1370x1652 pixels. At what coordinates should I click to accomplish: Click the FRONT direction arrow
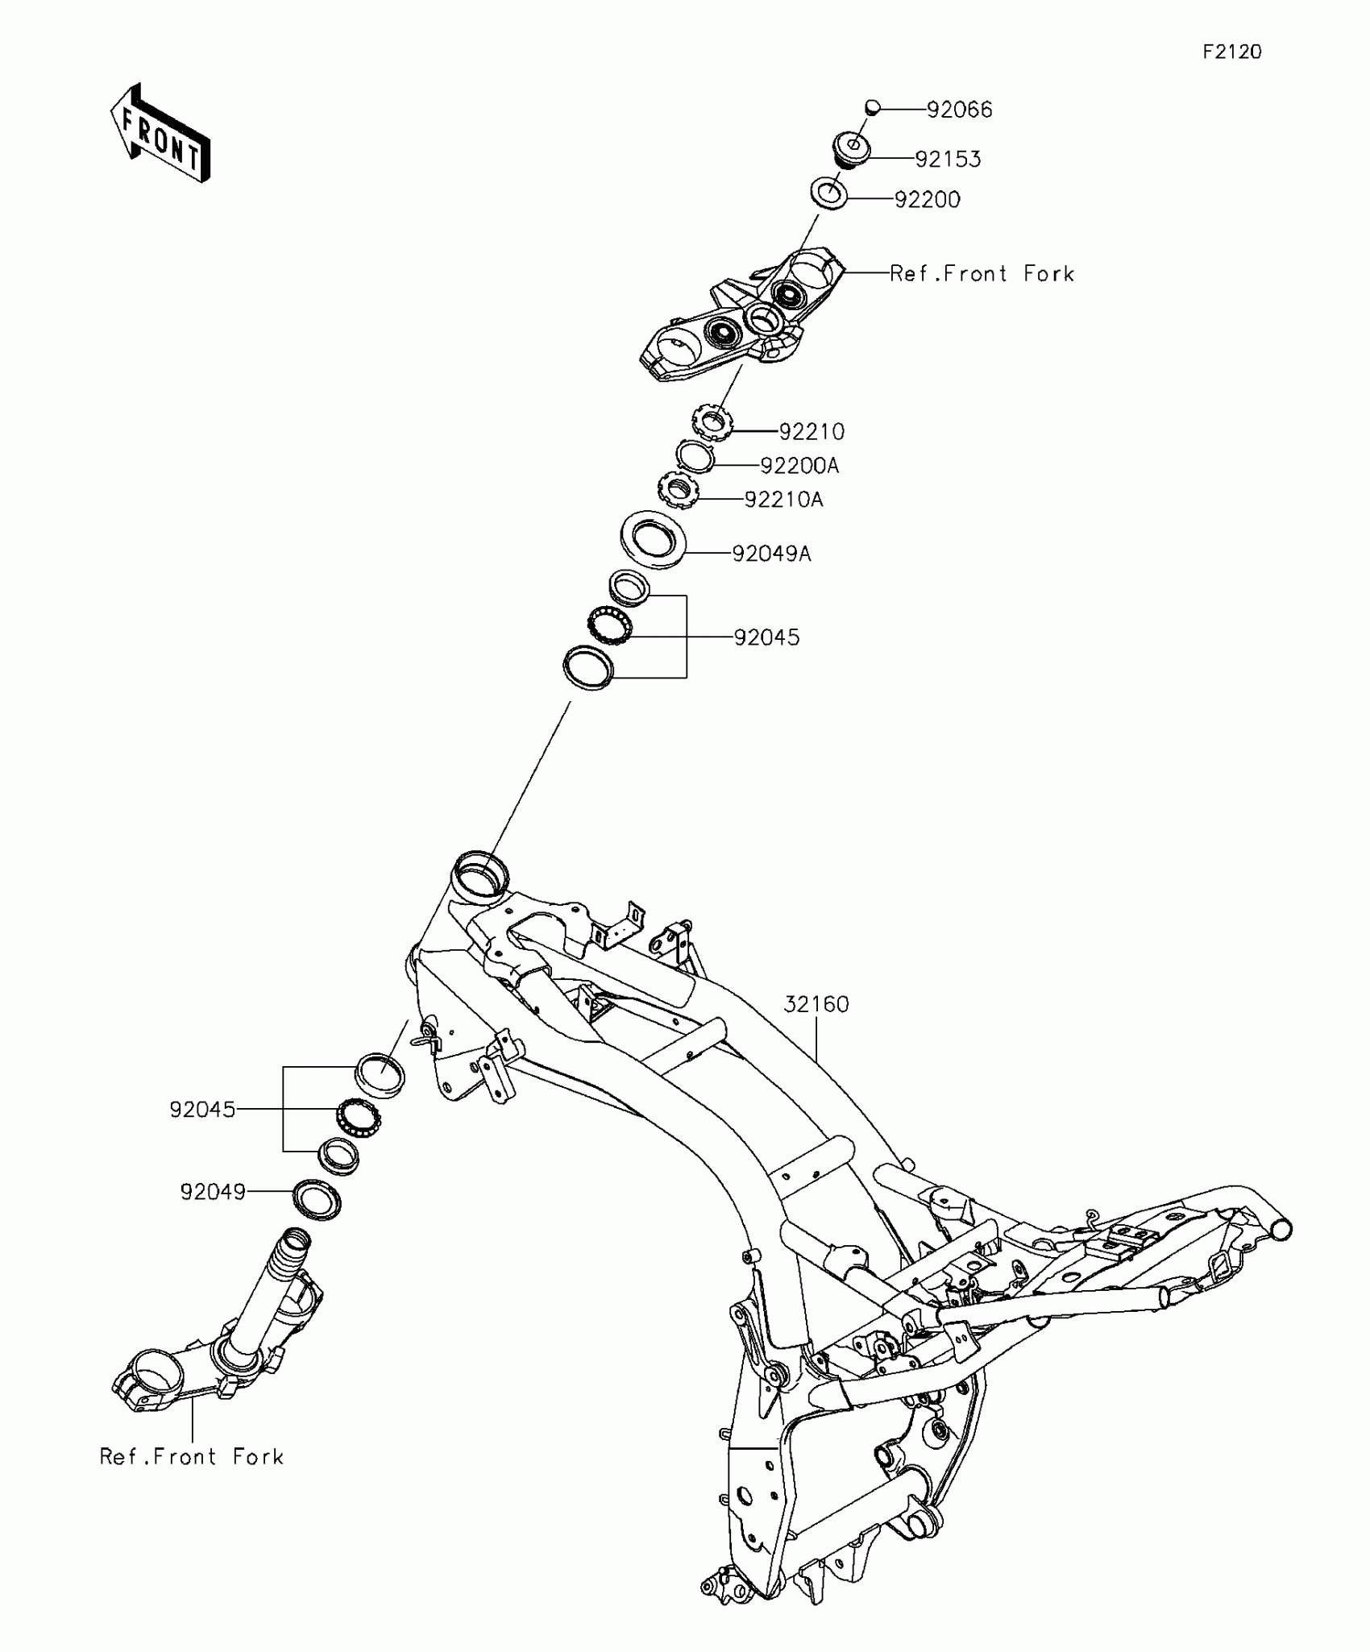pyautogui.click(x=160, y=133)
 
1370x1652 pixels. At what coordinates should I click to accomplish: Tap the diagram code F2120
pyautogui.click(x=1232, y=52)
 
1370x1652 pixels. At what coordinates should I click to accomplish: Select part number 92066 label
pyautogui.click(x=959, y=110)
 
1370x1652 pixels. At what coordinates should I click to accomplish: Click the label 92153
pyautogui.click(x=948, y=160)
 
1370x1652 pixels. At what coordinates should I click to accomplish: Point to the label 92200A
pyautogui.click(x=799, y=466)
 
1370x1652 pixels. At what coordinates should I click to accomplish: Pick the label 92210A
pyautogui.click(x=783, y=500)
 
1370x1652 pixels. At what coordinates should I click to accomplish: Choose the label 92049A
pyautogui.click(x=771, y=554)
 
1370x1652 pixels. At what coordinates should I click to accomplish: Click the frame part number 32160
pyautogui.click(x=816, y=1004)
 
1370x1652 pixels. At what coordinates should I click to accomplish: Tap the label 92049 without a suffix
pyautogui.click(x=213, y=1192)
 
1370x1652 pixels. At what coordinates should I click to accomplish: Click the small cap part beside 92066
pyautogui.click(x=872, y=106)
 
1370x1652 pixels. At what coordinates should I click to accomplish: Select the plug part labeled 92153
pyautogui.click(x=850, y=151)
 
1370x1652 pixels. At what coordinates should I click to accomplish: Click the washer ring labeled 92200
pyautogui.click(x=828, y=194)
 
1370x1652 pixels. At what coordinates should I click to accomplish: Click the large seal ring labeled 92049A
pyautogui.click(x=653, y=538)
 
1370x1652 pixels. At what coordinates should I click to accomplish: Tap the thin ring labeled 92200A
pyautogui.click(x=695, y=456)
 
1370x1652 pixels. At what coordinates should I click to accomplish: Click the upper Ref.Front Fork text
pyautogui.click(x=982, y=274)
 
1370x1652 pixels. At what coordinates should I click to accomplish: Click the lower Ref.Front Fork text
pyautogui.click(x=192, y=1456)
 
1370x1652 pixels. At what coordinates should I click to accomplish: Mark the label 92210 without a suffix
pyautogui.click(x=812, y=432)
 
